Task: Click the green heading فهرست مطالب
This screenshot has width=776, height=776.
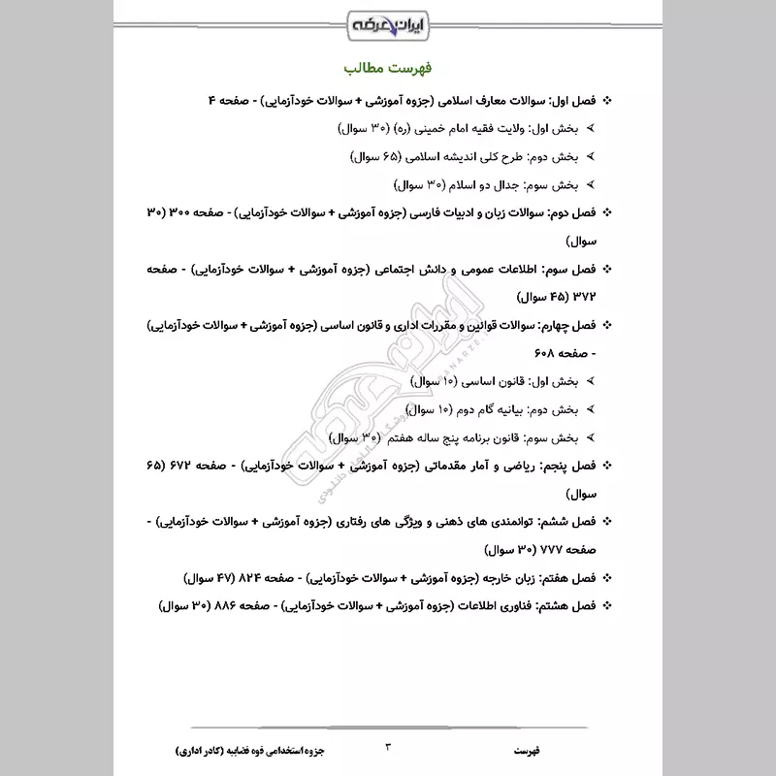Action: [388, 70]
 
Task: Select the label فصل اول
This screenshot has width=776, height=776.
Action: [574, 100]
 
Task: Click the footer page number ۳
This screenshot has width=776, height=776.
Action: [389, 747]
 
